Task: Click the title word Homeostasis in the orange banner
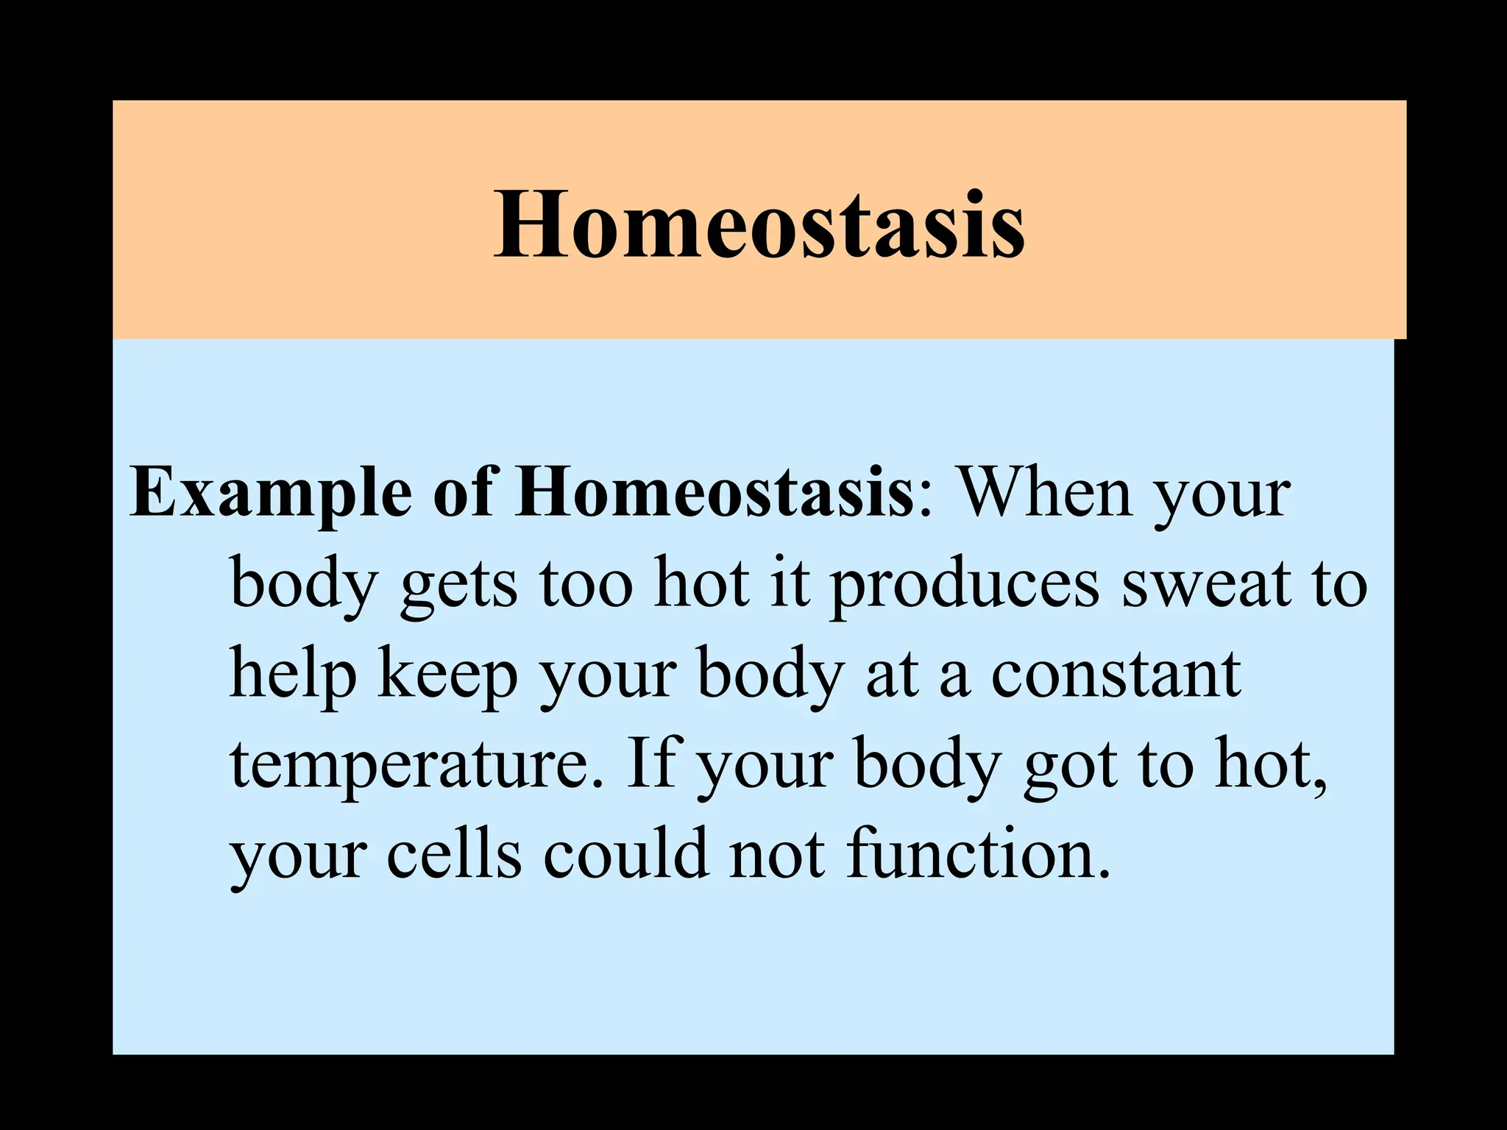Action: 759,224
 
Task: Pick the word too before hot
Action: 586,584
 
